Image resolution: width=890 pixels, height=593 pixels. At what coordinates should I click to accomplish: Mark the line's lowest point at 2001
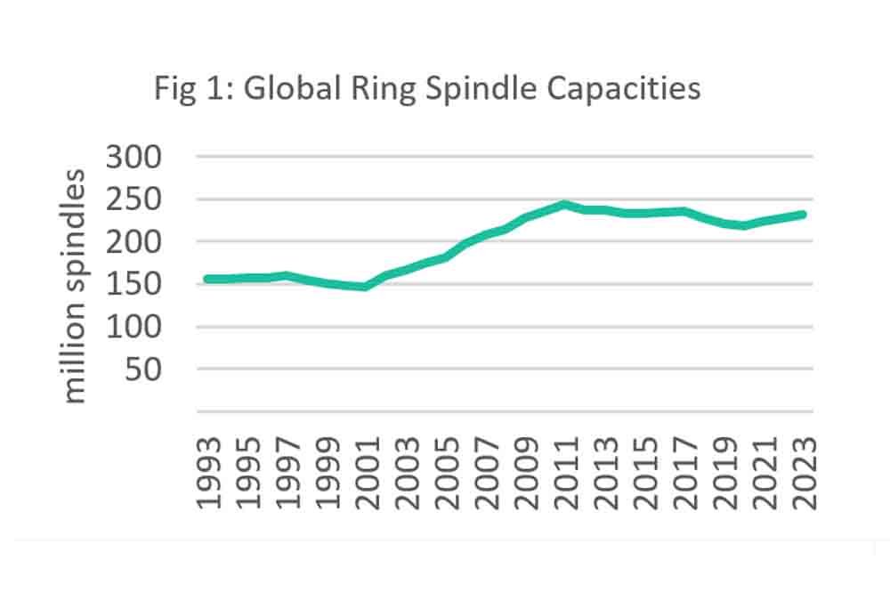pos(365,287)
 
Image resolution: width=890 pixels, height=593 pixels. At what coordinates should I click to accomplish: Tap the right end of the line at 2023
pos(805,214)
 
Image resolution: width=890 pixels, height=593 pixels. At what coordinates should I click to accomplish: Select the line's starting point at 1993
pos(207,279)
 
